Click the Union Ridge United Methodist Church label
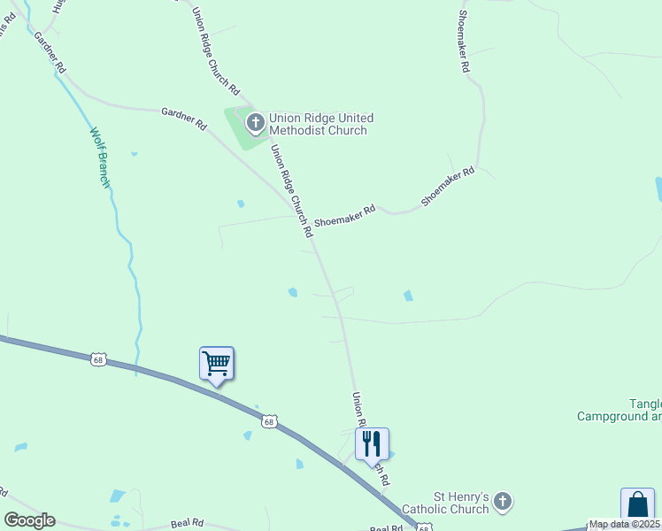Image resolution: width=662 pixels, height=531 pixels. (x=321, y=124)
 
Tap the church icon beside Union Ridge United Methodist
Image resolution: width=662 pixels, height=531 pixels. (x=256, y=123)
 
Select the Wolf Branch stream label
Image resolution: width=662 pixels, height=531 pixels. (x=99, y=158)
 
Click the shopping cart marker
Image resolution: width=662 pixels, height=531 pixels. (x=217, y=363)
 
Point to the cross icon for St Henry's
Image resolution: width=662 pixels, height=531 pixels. (x=503, y=503)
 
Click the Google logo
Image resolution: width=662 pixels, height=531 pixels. (x=29, y=520)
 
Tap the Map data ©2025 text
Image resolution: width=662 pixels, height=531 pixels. (x=625, y=524)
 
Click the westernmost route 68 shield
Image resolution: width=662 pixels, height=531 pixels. (x=97, y=358)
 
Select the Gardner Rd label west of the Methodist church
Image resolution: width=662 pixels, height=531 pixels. (x=183, y=119)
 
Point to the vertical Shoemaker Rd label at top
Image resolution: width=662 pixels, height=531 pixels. (x=465, y=42)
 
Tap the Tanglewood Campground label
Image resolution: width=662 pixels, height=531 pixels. (x=620, y=410)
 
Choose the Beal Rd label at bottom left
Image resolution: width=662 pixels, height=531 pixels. (x=187, y=522)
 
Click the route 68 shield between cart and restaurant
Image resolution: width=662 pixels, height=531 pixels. (x=269, y=421)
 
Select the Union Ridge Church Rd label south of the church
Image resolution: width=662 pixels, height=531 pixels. (x=292, y=190)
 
